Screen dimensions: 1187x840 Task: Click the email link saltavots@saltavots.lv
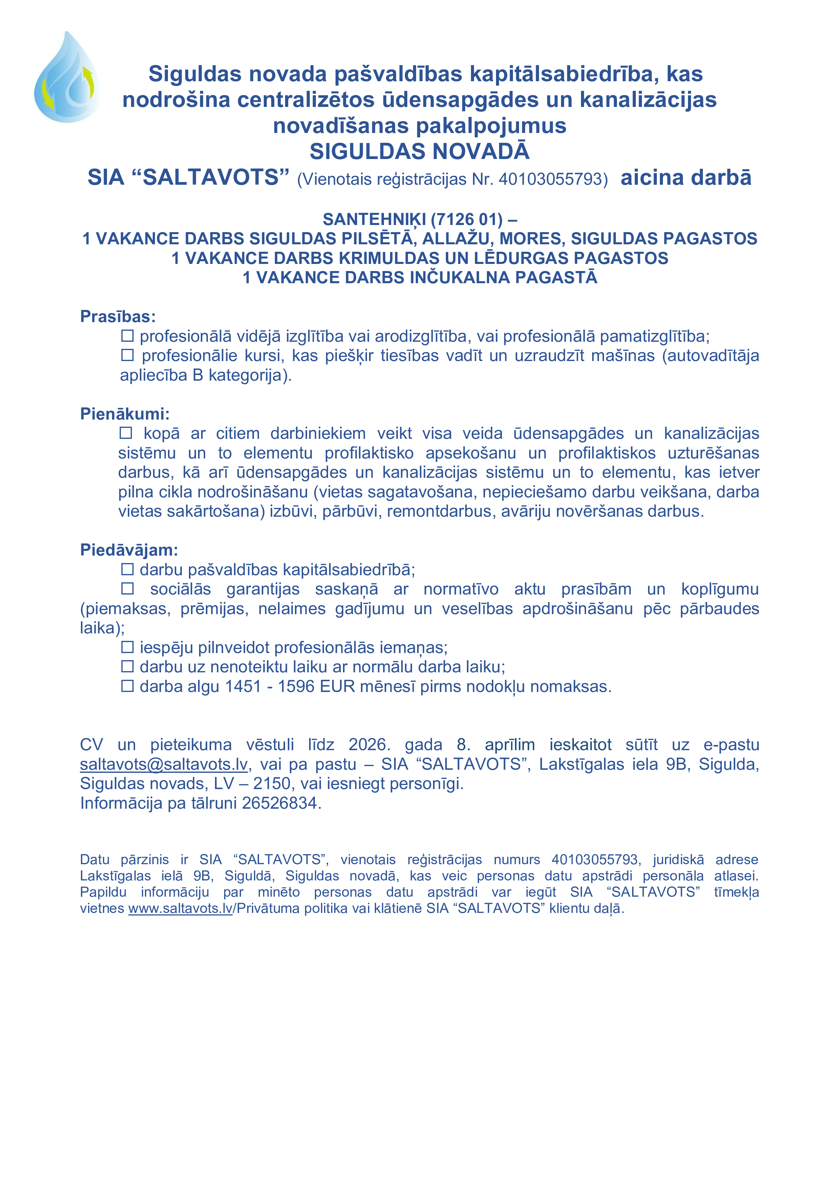click(164, 764)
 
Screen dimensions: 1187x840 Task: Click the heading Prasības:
click(117, 316)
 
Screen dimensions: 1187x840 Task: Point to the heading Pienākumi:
click(125, 413)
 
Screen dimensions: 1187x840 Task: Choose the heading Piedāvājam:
click(129, 550)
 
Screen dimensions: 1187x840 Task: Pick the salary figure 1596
click(296, 687)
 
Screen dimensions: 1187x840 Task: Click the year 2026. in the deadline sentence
click(369, 744)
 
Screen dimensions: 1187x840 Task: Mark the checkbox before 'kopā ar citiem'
click(126, 433)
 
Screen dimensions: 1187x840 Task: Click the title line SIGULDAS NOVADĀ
click(419, 152)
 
